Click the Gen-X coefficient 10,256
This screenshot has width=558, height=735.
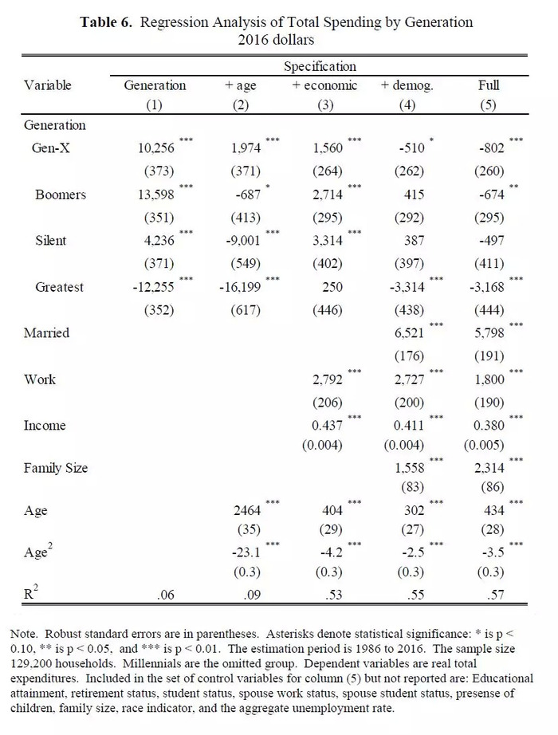coord(155,148)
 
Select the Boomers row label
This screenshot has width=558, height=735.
coord(61,195)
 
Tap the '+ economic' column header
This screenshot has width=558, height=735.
coord(324,86)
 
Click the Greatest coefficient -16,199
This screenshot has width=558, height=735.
coord(240,287)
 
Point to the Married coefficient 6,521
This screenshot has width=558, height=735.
coord(409,332)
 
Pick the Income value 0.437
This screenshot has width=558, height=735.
coord(328,426)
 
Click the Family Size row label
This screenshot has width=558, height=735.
coord(56,468)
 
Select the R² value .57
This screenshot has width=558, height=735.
coord(496,595)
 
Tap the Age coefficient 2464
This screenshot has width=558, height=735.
coord(247,510)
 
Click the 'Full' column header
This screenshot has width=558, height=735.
coord(489,85)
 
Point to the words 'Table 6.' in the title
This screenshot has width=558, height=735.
coord(107,22)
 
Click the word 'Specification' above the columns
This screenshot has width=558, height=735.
coord(320,66)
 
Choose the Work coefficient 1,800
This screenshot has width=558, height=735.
coord(489,379)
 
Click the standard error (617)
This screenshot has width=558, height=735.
coord(246,310)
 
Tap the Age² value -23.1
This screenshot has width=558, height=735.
coord(246,552)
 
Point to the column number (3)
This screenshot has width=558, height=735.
coord(325,105)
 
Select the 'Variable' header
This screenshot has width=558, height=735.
coord(48,85)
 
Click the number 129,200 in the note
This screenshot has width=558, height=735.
coord(28,664)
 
